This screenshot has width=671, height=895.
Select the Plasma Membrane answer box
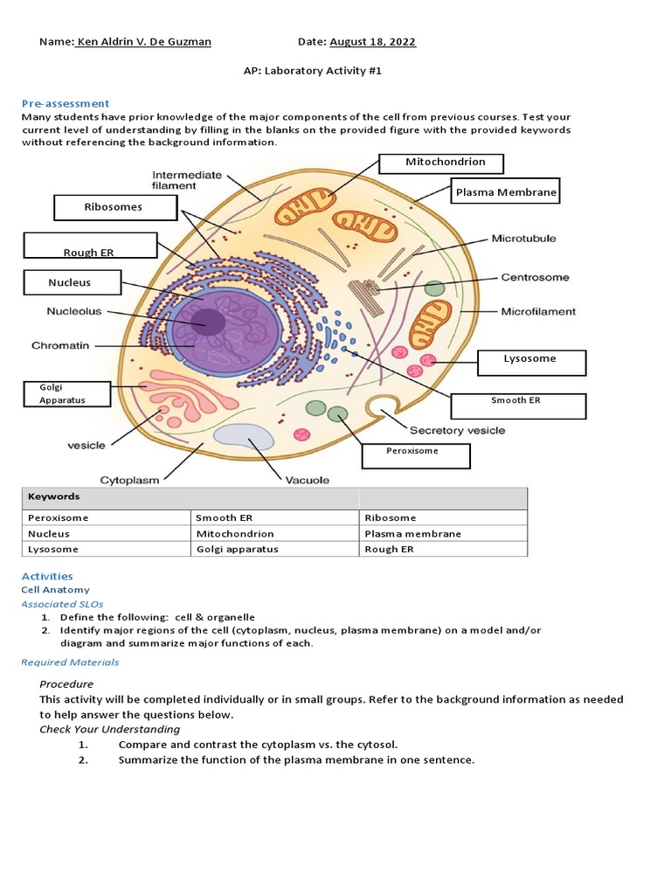coord(506,191)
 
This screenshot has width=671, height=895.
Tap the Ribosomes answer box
coord(113,208)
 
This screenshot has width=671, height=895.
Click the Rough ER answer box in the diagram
coord(90,246)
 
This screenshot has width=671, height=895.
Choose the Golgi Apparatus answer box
coord(67,393)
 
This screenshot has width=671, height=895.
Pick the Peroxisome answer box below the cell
coord(416,455)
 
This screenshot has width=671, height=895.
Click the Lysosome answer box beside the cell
coord(530,362)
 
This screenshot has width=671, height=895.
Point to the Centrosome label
coord(535,277)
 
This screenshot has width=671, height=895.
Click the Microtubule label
coord(523,238)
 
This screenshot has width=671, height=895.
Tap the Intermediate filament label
coord(188,179)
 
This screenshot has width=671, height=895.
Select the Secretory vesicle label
coord(457,430)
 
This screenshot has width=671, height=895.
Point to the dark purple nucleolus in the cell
coord(209,323)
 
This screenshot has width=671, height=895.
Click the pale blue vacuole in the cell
coord(244,436)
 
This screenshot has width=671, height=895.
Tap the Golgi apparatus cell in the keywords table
coord(237,549)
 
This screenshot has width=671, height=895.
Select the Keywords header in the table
coord(54,496)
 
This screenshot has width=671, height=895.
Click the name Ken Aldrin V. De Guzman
coord(143,42)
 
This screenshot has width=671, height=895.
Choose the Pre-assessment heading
coord(66,103)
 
